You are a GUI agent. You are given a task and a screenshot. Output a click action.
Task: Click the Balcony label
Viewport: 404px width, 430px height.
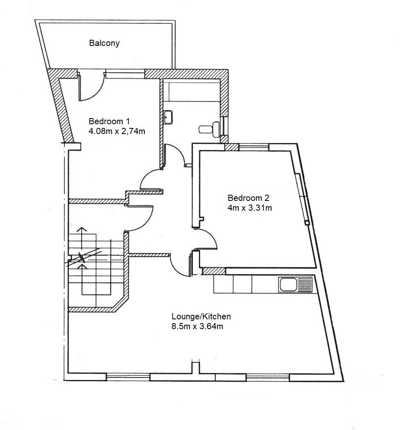coord(104,43)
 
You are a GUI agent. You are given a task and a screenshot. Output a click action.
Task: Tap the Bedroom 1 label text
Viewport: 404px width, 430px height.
coord(109,121)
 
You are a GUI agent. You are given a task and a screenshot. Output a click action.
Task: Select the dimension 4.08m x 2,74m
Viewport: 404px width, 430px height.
coord(117,132)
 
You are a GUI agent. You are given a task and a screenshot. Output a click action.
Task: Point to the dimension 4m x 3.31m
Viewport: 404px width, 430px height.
coord(249,208)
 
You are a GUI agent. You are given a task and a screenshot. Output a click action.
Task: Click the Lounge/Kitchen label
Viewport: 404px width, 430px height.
coord(201,316)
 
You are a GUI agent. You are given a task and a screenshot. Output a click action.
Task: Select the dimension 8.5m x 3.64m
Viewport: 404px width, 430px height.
coord(197,327)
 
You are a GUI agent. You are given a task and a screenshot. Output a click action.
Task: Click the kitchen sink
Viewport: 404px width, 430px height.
coord(295,284)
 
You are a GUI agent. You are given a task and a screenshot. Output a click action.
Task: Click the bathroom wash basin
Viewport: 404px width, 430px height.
coord(168,117)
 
